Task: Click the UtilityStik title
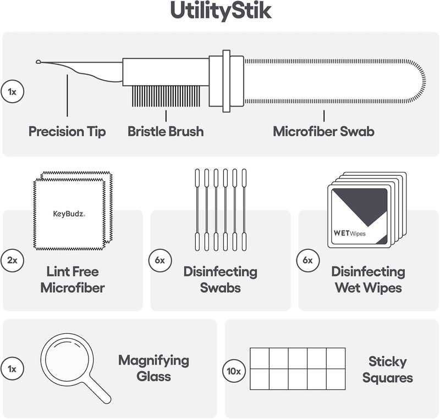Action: [221, 12]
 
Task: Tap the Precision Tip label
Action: [67, 131]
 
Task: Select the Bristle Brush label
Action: [166, 131]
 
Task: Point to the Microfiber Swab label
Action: [323, 131]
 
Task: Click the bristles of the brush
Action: [166, 96]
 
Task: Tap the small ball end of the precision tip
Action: [38, 62]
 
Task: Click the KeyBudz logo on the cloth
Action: [69, 214]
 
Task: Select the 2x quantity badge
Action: [12, 260]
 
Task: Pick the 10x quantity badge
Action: [234, 371]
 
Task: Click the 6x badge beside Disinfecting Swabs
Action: [160, 260]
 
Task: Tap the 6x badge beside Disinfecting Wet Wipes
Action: [308, 260]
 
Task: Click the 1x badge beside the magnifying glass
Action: [12, 369]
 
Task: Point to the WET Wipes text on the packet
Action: [350, 233]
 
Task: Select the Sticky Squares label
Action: [388, 370]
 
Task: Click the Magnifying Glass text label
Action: [153, 368]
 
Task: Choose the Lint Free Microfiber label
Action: [73, 280]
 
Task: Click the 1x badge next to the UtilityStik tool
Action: [12, 92]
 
